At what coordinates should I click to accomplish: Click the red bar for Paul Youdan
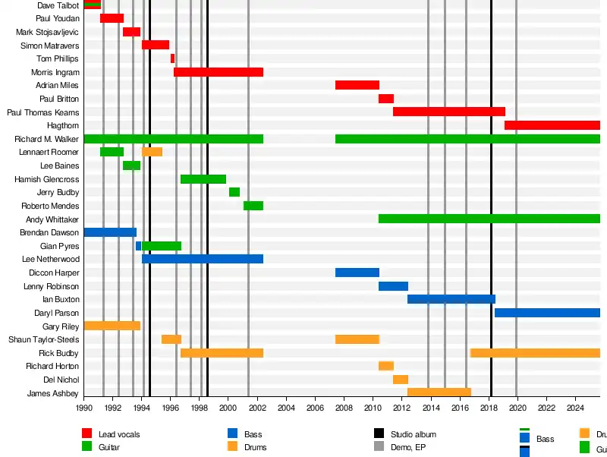pyautogui.click(x=112, y=18)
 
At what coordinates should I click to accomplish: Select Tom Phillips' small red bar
pyautogui.click(x=172, y=58)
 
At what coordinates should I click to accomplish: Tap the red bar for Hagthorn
pyautogui.click(x=552, y=125)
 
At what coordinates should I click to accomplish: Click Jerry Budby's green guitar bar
pyautogui.click(x=234, y=192)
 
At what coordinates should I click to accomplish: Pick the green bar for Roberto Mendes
pyautogui.click(x=253, y=206)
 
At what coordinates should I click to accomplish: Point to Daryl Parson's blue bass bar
pyautogui.click(x=547, y=313)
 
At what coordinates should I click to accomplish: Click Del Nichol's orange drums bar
pyautogui.click(x=401, y=380)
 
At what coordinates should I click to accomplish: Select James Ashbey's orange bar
pyautogui.click(x=439, y=392)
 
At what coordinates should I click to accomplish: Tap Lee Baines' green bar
pyautogui.click(x=131, y=165)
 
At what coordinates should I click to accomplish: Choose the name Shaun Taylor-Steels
pyautogui.click(x=43, y=339)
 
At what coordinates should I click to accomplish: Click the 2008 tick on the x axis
pyautogui.click(x=344, y=408)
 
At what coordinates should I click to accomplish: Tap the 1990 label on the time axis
pyautogui.click(x=83, y=408)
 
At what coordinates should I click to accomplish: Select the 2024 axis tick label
pyautogui.click(x=574, y=408)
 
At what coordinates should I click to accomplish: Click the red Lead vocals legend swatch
pyautogui.click(x=87, y=433)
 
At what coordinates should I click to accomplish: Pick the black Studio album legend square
pyautogui.click(x=379, y=433)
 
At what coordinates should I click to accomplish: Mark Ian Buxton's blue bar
pyautogui.click(x=451, y=299)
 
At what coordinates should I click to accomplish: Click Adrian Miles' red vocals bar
pyautogui.click(x=357, y=85)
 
